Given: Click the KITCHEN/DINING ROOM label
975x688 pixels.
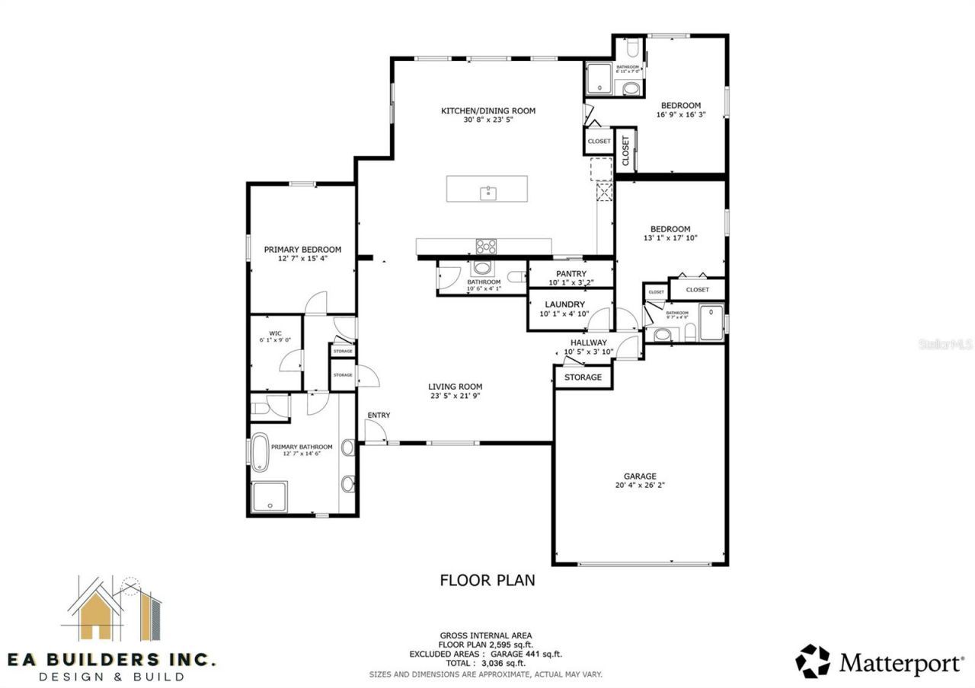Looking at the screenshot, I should click(488, 111).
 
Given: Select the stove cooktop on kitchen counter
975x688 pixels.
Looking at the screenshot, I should click(486, 246).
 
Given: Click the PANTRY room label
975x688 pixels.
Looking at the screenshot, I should click(571, 274).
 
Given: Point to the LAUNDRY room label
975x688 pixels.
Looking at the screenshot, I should click(571, 304).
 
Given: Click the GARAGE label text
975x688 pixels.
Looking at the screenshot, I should click(640, 476).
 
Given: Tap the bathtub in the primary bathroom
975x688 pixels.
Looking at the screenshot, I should click(260, 452).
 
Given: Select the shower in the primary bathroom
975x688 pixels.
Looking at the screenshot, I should click(270, 497).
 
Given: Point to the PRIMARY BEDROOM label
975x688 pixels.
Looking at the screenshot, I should click(302, 250).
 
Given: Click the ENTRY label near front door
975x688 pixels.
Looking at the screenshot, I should click(379, 415).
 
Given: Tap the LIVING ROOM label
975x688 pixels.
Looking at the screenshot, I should click(455, 387).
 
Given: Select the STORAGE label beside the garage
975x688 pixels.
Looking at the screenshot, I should click(583, 377).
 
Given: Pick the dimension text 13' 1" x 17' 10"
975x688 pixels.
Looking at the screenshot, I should click(670, 238).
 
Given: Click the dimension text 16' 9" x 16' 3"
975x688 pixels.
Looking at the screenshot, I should click(680, 115).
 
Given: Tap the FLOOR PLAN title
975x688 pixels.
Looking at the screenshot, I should click(487, 580).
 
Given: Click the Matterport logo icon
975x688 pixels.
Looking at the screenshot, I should click(814, 661).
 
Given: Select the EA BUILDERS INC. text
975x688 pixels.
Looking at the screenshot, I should click(112, 658).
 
